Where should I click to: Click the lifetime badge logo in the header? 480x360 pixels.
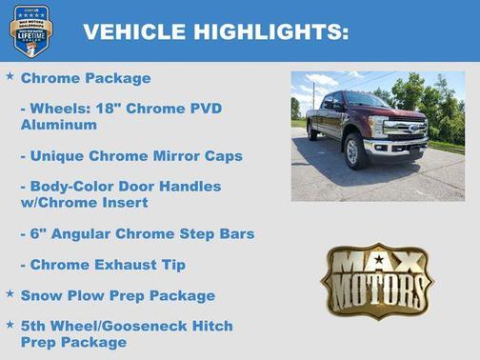coord(30,30)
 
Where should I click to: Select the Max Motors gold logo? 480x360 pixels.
coord(377,281)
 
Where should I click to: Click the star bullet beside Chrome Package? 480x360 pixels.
coord(10,75)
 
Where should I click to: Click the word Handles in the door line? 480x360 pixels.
coord(190,187)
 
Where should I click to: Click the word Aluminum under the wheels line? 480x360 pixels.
coord(58,124)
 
